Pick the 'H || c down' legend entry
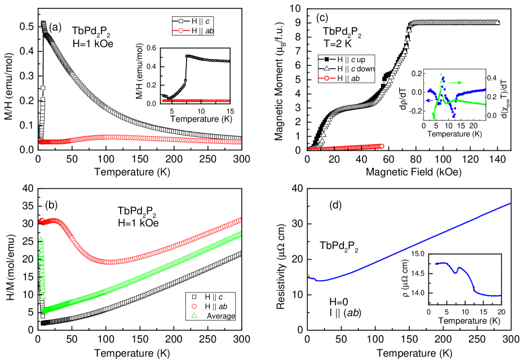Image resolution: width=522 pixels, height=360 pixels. click(355, 69)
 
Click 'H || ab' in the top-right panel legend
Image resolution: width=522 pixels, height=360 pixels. click(348, 79)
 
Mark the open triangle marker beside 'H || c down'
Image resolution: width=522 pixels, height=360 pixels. click(326, 69)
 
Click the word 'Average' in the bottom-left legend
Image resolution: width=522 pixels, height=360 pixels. click(220, 316)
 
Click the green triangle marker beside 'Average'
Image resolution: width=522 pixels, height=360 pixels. click(194, 316)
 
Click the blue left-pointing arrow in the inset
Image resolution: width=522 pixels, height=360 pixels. click(430, 100)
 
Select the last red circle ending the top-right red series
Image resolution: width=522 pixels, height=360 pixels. click(382, 146)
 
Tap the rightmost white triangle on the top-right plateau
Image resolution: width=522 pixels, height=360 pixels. click(498, 23)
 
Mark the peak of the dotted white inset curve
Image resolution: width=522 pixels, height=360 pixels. click(187, 56)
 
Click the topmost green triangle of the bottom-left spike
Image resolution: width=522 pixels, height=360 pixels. click(41, 239)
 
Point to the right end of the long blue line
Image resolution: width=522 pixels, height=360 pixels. click(510, 203)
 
